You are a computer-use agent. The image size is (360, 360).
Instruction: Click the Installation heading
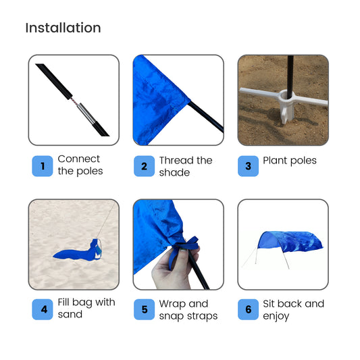tap(63, 28)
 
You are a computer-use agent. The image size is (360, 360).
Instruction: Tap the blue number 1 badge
tap(43, 166)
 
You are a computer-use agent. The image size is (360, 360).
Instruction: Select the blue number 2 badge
tap(144, 166)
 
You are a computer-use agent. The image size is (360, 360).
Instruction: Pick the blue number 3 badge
tap(248, 166)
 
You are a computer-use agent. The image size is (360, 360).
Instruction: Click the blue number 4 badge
tap(43, 309)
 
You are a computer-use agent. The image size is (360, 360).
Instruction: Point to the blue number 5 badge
tap(144, 309)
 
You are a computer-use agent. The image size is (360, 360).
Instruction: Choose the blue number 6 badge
tap(248, 309)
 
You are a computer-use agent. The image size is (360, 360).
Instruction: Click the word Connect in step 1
tap(79, 159)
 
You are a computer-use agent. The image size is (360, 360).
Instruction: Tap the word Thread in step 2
tap(176, 160)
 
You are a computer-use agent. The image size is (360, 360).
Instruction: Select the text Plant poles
tap(290, 161)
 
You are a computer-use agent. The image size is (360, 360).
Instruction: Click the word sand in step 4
tap(70, 314)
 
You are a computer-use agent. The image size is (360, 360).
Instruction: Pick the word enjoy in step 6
tap(276, 316)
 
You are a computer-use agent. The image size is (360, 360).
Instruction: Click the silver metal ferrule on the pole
tap(86, 113)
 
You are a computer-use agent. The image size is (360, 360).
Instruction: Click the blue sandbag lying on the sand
tap(78, 251)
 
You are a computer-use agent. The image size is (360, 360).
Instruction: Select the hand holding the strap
tap(175, 267)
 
